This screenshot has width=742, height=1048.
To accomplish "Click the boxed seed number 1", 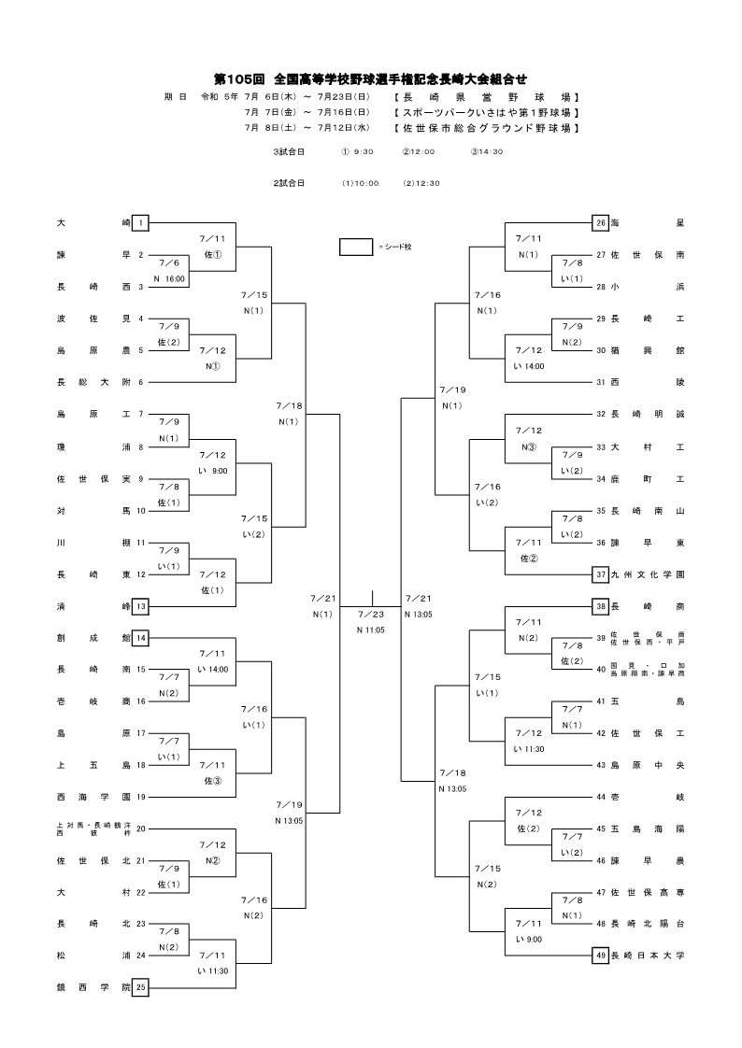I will [x=140, y=223].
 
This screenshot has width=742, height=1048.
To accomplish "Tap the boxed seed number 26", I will [x=601, y=223].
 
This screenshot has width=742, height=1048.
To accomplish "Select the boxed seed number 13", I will [x=140, y=606].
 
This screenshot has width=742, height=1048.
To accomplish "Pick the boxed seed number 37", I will [x=601, y=574].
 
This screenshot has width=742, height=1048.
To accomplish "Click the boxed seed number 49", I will [x=601, y=956].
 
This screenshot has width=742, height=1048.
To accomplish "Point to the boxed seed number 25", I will [x=140, y=987].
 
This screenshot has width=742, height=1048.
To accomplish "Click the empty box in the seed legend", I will [x=356, y=247].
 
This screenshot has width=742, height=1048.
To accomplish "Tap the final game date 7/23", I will [x=371, y=614].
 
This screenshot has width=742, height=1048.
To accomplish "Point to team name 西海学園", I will [x=93, y=797].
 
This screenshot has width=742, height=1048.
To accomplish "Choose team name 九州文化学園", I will [x=648, y=574].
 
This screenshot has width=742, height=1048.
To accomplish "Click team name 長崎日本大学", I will [x=648, y=956].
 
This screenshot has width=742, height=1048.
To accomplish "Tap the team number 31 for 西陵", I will [x=601, y=382].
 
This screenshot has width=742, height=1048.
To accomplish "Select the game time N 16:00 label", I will [x=169, y=278].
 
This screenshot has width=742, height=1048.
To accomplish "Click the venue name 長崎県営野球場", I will [x=486, y=97].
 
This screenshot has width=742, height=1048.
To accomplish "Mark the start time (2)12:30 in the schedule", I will [x=421, y=183].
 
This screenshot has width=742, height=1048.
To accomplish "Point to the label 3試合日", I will [x=289, y=151].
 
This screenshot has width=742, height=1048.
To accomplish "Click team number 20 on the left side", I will [x=140, y=828].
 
